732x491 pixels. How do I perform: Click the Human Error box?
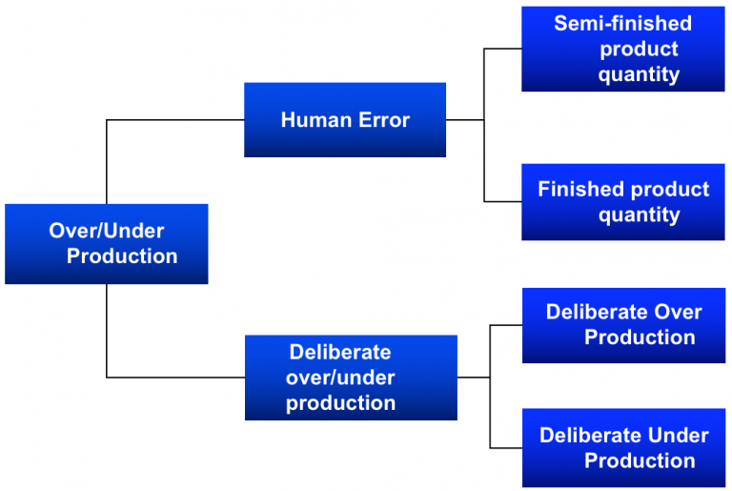[x=344, y=120]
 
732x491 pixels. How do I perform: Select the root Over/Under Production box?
[x=106, y=244]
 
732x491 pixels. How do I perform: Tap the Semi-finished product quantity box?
[x=622, y=49]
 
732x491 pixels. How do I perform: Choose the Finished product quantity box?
[x=622, y=201]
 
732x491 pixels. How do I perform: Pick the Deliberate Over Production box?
[x=623, y=325]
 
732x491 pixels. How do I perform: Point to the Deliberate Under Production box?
[x=623, y=448]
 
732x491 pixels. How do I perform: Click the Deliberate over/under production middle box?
[x=350, y=378]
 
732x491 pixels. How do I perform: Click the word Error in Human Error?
[x=378, y=120]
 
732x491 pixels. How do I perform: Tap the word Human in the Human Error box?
[x=313, y=120]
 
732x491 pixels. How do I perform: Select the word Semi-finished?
[x=622, y=24]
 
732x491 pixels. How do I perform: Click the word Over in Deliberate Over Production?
[x=677, y=312]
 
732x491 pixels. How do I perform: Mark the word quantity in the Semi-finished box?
[x=639, y=74]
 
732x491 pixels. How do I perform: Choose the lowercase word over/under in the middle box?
[x=340, y=378]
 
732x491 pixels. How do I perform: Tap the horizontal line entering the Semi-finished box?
[x=502, y=49]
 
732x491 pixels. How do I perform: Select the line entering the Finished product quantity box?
[x=502, y=201]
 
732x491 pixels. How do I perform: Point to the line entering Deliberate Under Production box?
[x=505, y=448]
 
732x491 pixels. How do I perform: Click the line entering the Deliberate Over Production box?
[x=505, y=325]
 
